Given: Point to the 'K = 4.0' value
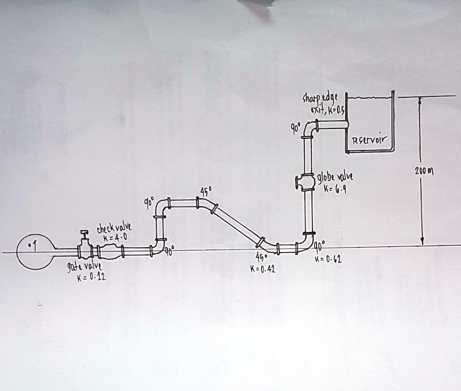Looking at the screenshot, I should [x=112, y=238].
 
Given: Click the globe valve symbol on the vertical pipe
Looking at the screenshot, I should [x=306, y=182].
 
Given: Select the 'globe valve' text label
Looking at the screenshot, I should [x=335, y=177].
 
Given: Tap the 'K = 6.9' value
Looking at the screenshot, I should [x=335, y=188].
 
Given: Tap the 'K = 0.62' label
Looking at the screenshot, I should [x=330, y=259].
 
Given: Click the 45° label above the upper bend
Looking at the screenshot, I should [x=205, y=191].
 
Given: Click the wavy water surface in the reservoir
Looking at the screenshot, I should [x=369, y=96].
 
